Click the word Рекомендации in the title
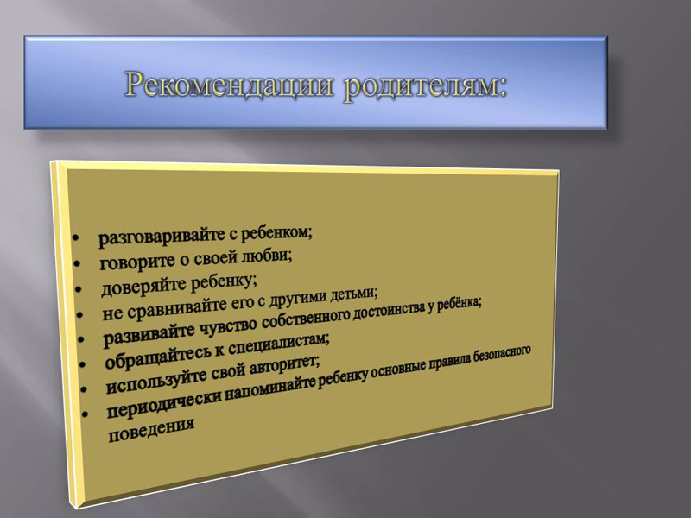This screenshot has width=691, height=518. tap(228, 84)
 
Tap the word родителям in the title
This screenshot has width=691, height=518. tap(420, 85)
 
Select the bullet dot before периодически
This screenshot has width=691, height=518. tap(85, 414)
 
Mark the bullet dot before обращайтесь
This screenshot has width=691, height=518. tap(83, 364)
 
